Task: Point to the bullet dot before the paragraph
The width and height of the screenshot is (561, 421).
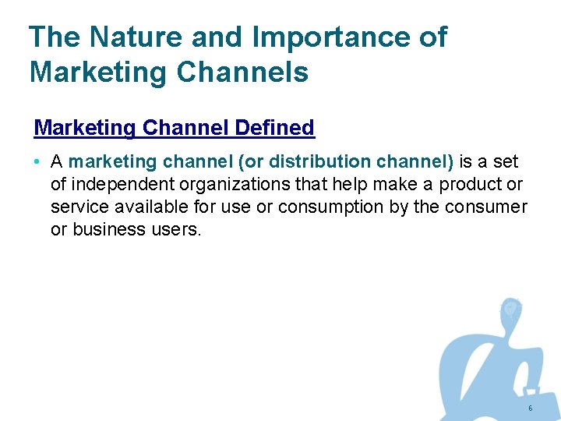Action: (38, 163)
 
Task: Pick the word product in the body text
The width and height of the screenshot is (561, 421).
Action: (470, 185)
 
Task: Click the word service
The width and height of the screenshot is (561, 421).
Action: (76, 207)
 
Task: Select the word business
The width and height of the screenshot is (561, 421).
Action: (108, 230)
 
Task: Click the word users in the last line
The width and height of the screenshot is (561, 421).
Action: (175, 230)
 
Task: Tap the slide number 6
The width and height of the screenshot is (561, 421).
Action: (530, 409)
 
